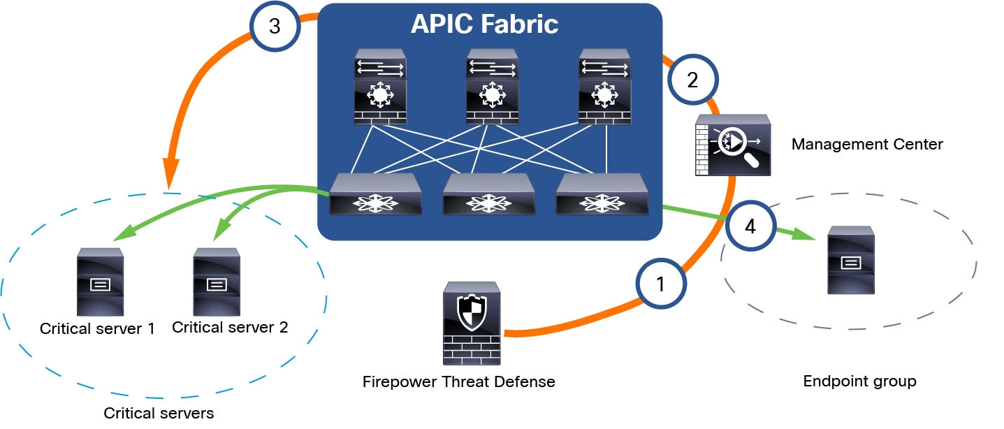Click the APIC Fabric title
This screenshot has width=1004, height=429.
pyautogui.click(x=484, y=24)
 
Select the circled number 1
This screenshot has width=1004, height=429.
pyautogui.click(x=660, y=284)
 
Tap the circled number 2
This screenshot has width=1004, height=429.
pyautogui.click(x=692, y=80)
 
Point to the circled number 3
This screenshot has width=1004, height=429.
pyautogui.click(x=275, y=27)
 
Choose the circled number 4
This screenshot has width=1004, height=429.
pyautogui.click(x=750, y=226)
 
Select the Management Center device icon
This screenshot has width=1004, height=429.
pyautogui.click(x=733, y=145)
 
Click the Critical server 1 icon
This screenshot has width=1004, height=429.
pyautogui.click(x=100, y=282)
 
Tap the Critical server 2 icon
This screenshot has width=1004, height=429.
pyautogui.click(x=217, y=282)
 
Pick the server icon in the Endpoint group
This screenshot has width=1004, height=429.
pyautogui.click(x=850, y=260)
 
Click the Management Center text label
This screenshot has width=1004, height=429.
pyautogui.click(x=866, y=145)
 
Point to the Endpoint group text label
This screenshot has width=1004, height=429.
pyautogui.click(x=859, y=381)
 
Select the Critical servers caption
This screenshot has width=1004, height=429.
pyautogui.click(x=159, y=413)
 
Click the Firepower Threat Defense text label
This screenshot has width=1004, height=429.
pyautogui.click(x=459, y=382)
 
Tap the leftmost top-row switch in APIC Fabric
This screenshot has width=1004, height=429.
pyautogui.click(x=380, y=87)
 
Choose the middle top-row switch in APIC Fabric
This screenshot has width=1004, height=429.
pyautogui.click(x=493, y=87)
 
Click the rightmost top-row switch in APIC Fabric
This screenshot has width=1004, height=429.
pyautogui.click(x=605, y=87)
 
